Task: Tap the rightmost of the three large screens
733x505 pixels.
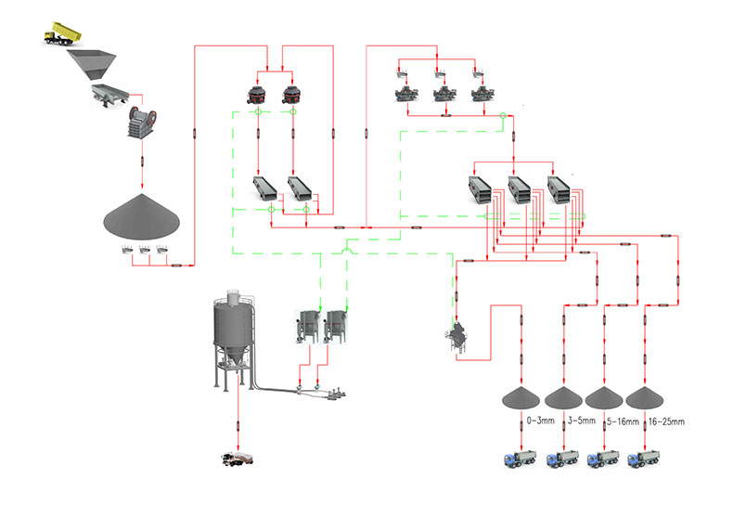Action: [x=560, y=188]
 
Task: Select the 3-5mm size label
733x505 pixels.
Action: [x=580, y=421]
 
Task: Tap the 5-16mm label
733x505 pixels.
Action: [x=622, y=421]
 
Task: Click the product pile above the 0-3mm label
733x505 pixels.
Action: [x=520, y=397]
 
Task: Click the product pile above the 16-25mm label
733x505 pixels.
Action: [x=645, y=397]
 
